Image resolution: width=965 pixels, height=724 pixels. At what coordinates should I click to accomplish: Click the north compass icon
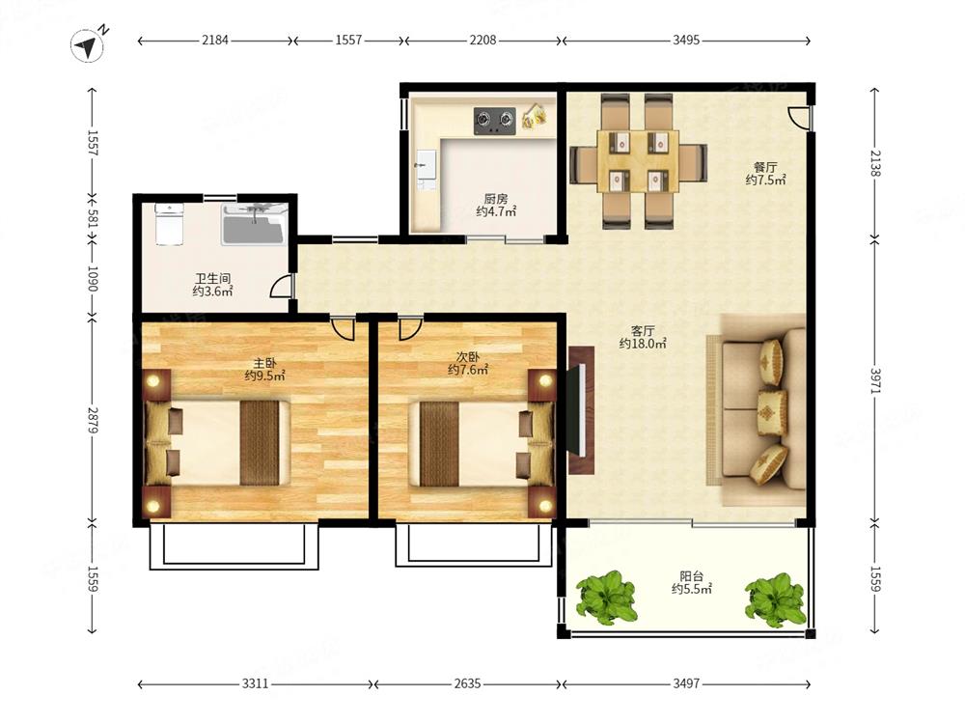pyautogui.click(x=87, y=45)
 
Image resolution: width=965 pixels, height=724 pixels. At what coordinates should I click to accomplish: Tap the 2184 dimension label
pyautogui.click(x=215, y=40)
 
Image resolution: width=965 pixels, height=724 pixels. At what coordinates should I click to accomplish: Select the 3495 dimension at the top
pyautogui.click(x=685, y=40)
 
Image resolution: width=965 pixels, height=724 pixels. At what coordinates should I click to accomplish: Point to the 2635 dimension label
pyautogui.click(x=467, y=683)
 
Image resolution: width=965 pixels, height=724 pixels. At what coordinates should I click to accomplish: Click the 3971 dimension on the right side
pyautogui.click(x=876, y=380)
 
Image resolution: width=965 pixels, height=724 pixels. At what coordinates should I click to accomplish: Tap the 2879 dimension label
pyautogui.click(x=93, y=420)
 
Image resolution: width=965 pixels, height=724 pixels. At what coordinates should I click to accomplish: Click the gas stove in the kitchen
pyautogui.click(x=494, y=121)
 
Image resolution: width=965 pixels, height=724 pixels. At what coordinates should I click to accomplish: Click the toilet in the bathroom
pyautogui.click(x=169, y=224)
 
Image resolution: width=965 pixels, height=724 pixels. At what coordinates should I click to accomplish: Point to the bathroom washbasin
pyautogui.click(x=254, y=225)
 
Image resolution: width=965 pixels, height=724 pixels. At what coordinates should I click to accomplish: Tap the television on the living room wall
pyautogui.click(x=578, y=410)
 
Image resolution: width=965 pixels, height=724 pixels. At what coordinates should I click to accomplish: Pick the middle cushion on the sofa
pyautogui.click(x=772, y=406)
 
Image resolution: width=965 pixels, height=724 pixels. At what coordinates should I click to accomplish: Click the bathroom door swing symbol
pyautogui.click(x=281, y=287)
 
